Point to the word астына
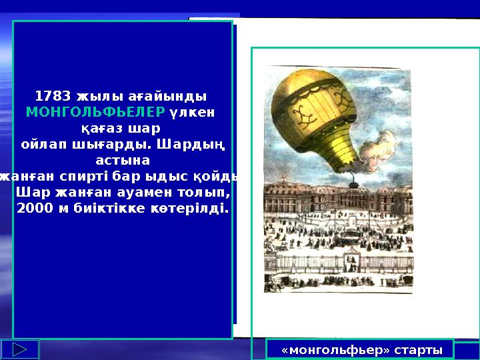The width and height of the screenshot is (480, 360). [123, 160]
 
